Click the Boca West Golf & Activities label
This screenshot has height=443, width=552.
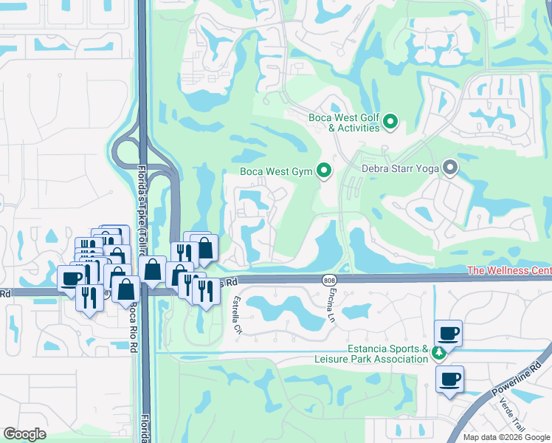[x=343, y=123]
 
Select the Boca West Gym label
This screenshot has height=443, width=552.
[x=276, y=172]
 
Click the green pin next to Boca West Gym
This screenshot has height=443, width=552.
[x=323, y=172]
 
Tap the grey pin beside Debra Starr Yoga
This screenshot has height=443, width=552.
[x=449, y=168]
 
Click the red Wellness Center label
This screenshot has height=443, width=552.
[x=509, y=271]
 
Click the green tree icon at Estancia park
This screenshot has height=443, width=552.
[x=439, y=352]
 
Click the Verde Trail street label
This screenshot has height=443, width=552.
[x=512, y=419]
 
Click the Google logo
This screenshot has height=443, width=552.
[x=24, y=434]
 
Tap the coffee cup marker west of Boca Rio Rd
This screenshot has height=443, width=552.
[x=72, y=278]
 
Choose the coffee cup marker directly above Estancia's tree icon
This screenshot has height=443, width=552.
[x=448, y=332]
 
